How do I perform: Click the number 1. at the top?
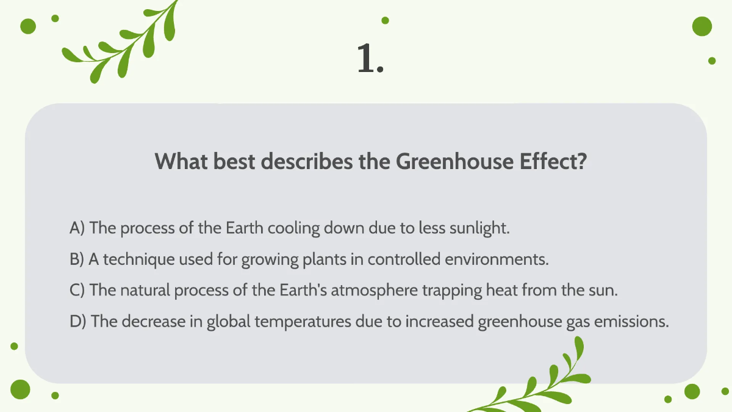pyautogui.click(x=370, y=60)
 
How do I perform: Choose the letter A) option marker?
pyautogui.click(x=77, y=229)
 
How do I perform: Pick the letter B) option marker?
pyautogui.click(x=77, y=259)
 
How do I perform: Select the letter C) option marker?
pyautogui.click(x=77, y=291)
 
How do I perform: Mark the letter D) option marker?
pyautogui.click(x=78, y=322)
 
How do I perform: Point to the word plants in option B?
pyautogui.click(x=326, y=259)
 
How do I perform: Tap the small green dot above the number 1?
pyautogui.click(x=385, y=20)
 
